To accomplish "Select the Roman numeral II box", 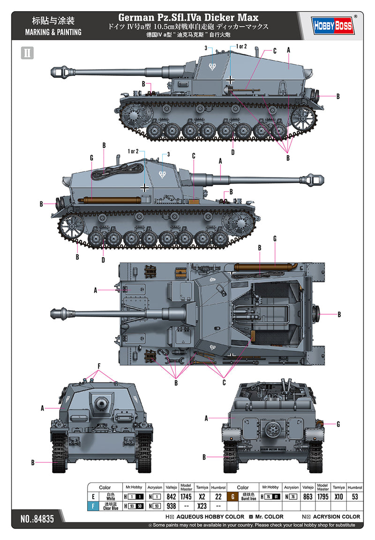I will click(27, 52).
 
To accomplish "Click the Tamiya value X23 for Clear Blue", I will click(202, 506).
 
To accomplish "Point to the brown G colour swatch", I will click(232, 496).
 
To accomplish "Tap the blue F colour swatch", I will click(93, 506).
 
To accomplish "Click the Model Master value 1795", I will click(322, 496).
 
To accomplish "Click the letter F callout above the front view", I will click(98, 365).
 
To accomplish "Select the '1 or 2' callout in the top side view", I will click(242, 46).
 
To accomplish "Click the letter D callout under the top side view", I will click(233, 152).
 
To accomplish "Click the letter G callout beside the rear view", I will click(338, 424).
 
